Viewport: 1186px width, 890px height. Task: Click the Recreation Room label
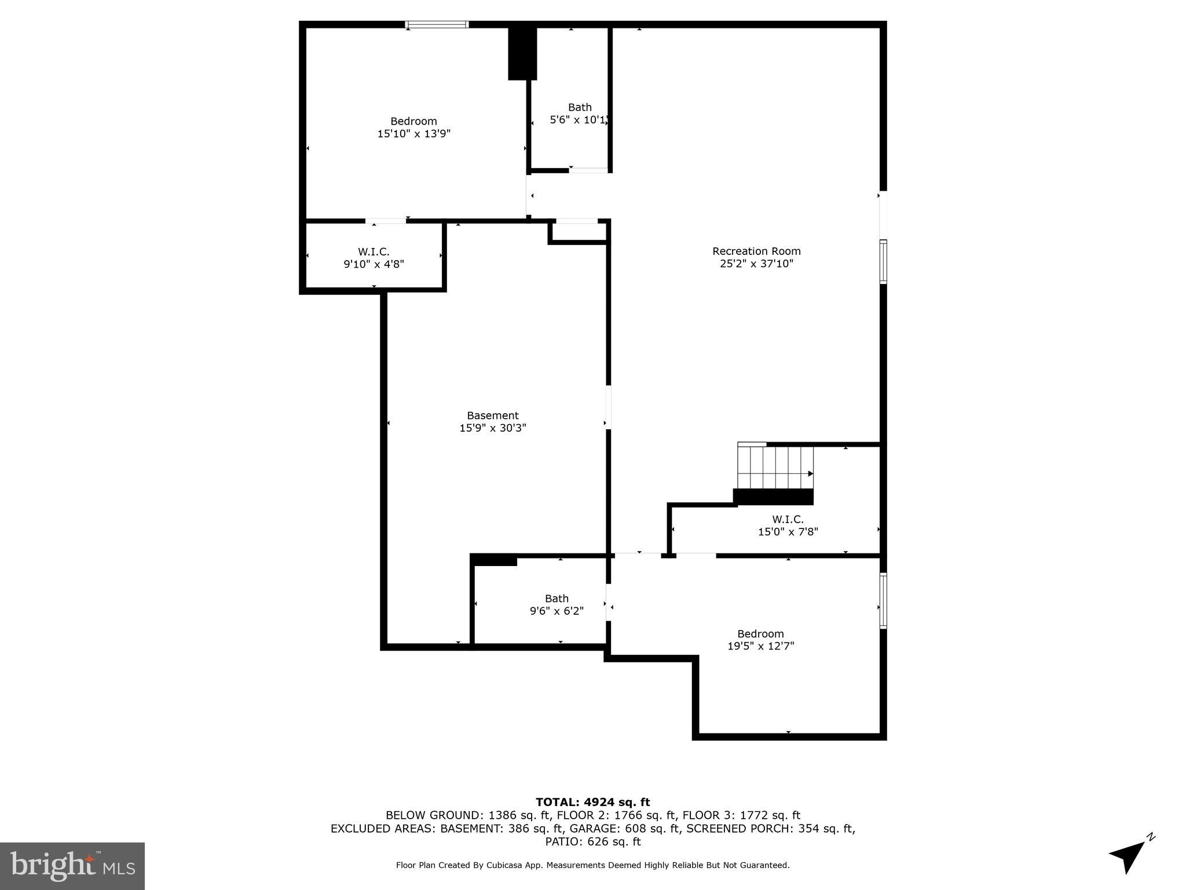756,251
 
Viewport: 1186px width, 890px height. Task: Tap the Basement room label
493,415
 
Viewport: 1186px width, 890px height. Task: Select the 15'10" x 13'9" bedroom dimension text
413,134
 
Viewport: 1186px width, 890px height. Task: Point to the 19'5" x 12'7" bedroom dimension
760,646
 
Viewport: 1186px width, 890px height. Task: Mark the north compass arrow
1130,855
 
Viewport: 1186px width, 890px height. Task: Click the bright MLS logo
72,866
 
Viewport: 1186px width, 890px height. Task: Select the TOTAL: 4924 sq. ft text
592,802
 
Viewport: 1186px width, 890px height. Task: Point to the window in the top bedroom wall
437,24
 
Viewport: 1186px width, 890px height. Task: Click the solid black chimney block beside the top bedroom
522,53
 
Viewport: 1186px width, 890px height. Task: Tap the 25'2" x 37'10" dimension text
756,264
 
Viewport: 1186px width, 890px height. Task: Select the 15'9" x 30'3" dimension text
493,428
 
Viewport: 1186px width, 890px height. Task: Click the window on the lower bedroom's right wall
883,600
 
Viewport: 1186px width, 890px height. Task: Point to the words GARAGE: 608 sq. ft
625,829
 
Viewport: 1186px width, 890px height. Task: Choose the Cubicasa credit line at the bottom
592,865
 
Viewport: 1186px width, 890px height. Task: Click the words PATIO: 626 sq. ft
592,841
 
